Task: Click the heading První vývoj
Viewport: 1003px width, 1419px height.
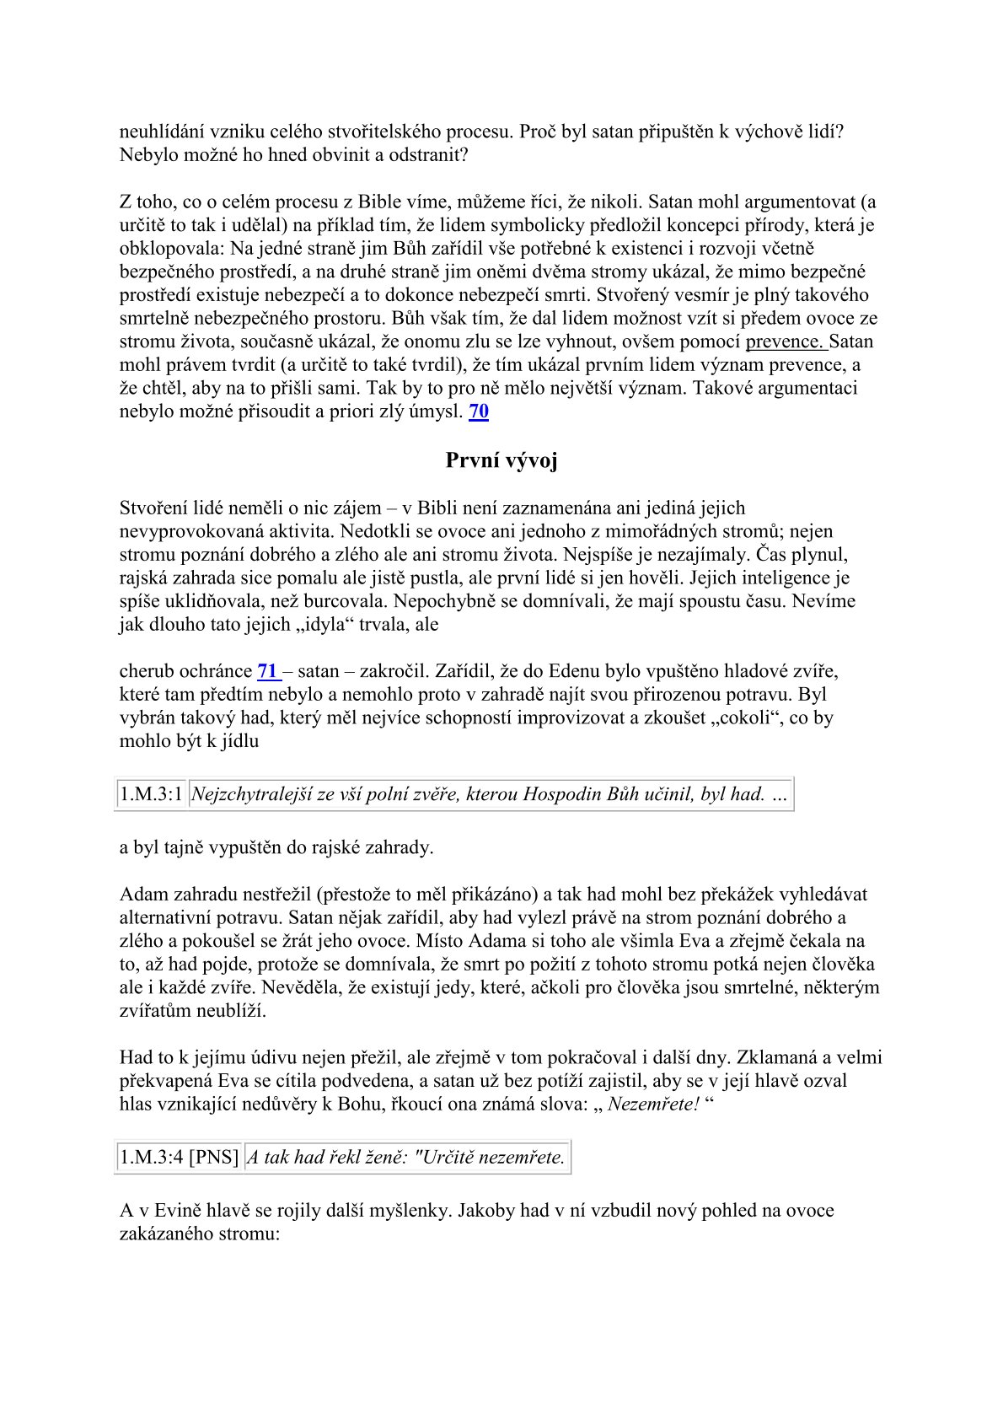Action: pyautogui.click(x=501, y=460)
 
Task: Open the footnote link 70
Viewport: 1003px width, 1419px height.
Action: pyautogui.click(x=478, y=411)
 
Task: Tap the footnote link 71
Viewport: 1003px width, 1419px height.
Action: pyautogui.click(x=268, y=671)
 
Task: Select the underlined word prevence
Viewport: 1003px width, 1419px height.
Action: pyautogui.click(x=785, y=341)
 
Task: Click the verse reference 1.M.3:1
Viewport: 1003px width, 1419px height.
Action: pyautogui.click(x=151, y=794)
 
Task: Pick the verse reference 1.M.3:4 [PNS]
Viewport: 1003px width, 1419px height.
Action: pyautogui.click(x=180, y=1157)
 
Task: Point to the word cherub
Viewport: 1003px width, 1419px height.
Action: pyautogui.click(x=145, y=671)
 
